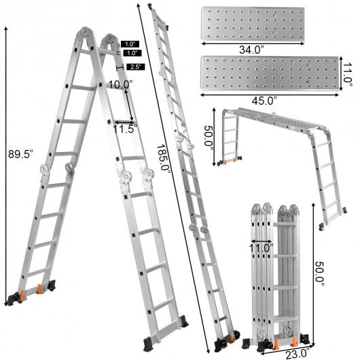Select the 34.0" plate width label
tap(251, 50)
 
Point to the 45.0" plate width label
tap(264, 101)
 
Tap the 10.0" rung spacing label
tap(120, 85)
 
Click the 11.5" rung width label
tap(126, 129)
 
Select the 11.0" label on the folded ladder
tap(262, 248)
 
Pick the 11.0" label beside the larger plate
tap(347, 73)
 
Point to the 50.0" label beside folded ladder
tap(319, 274)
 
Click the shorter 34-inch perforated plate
tap(253, 24)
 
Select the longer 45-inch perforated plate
tap(270, 73)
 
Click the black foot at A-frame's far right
tap(183, 321)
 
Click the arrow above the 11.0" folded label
tap(262, 241)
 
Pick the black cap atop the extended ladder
tap(150, 6)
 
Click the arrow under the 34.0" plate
tap(253, 43)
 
